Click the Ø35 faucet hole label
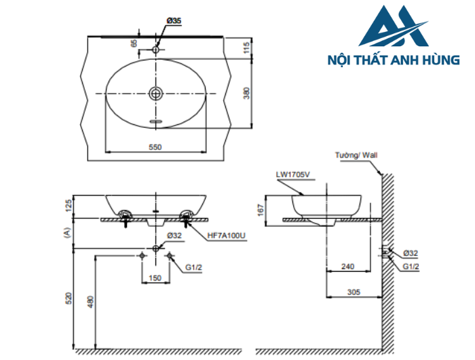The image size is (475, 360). [174, 22]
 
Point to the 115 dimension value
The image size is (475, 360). [248, 47]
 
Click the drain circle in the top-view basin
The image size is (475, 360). [156, 92]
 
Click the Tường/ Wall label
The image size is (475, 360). [356, 156]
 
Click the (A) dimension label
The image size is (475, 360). [67, 232]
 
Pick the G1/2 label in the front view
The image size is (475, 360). [195, 267]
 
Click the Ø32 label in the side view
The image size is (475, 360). [410, 253]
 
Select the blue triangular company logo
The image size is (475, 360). [393, 27]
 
